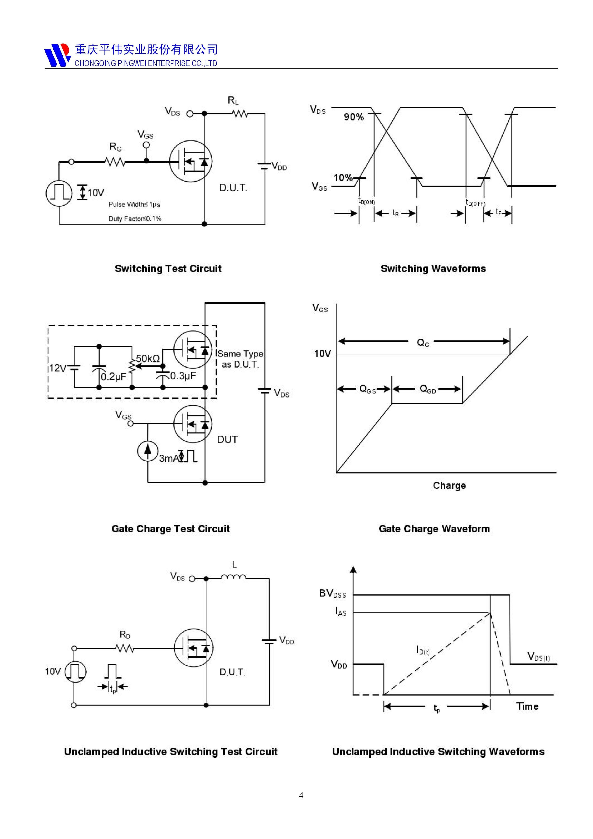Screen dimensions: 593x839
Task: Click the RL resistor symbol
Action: coord(240,114)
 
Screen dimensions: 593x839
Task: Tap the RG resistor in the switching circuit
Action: coord(115,161)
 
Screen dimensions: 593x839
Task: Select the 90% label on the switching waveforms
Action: coord(354,117)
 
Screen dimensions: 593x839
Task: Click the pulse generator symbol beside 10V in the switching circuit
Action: coord(59,193)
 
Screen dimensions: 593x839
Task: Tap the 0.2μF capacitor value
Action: coord(113,377)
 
